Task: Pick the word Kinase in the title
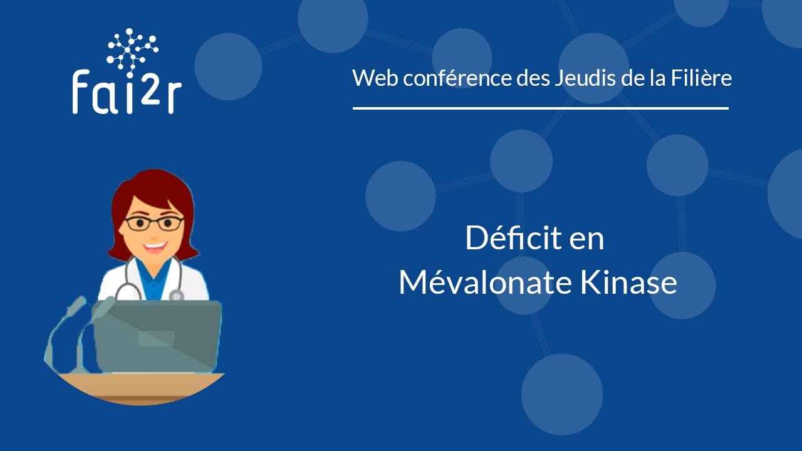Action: pos(628,283)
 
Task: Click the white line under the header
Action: pos(540,108)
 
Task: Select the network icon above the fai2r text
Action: pos(132,48)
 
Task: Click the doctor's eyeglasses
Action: pos(154,223)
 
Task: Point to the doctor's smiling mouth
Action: pos(154,246)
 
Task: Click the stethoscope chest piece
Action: pos(177,294)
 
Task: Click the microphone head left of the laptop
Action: pos(76,306)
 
